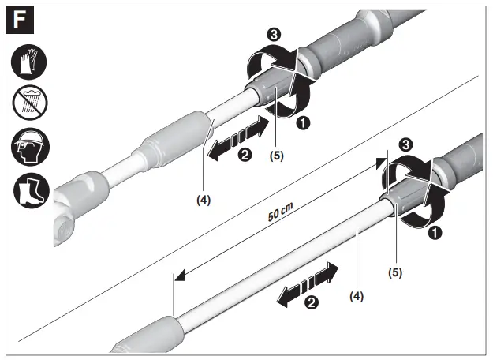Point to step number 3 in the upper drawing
[274, 36]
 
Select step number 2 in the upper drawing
[245, 156]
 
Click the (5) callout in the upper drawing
[275, 156]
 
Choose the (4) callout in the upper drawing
[204, 200]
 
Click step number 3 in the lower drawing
[405, 144]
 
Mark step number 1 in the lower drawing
[433, 233]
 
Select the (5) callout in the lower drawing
[396, 273]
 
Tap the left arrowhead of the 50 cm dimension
[181, 275]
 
